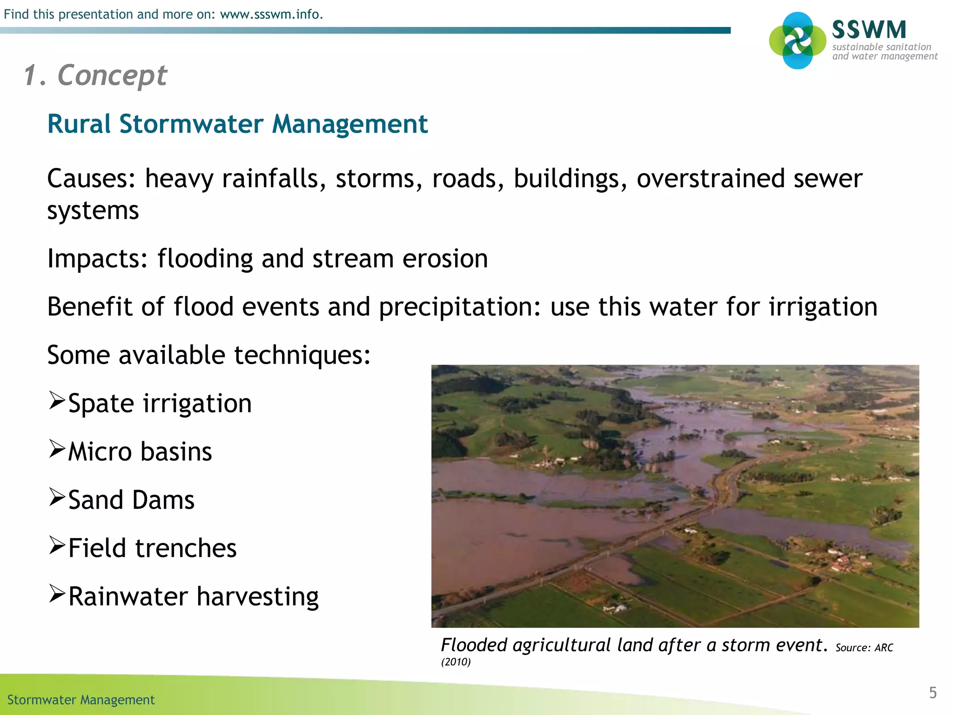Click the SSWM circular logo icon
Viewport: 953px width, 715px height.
[x=798, y=40]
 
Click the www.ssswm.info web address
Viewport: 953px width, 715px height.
[x=271, y=14]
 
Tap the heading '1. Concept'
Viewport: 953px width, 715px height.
[x=95, y=75]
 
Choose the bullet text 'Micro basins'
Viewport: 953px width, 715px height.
[x=140, y=452]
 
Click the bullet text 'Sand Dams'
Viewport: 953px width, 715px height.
[x=131, y=500]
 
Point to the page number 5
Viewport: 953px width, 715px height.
[x=933, y=693]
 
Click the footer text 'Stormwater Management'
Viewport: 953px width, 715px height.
[x=81, y=700]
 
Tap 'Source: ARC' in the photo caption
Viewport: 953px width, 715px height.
[x=864, y=648]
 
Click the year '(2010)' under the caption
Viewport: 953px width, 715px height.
[x=456, y=662]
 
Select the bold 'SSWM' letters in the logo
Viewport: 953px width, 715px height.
[x=869, y=30]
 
